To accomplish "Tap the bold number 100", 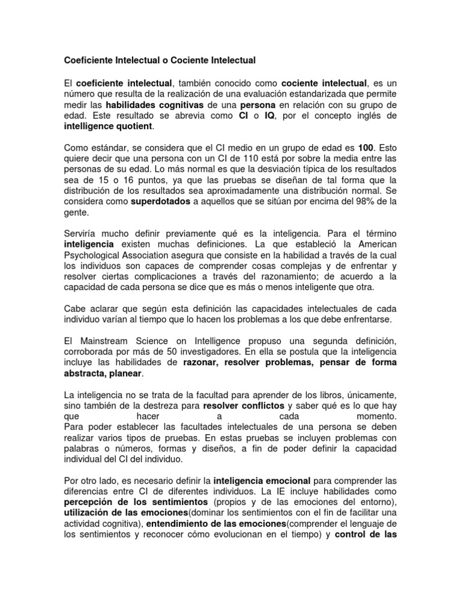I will coord(365,147).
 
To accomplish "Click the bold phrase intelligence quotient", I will coord(108,126).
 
